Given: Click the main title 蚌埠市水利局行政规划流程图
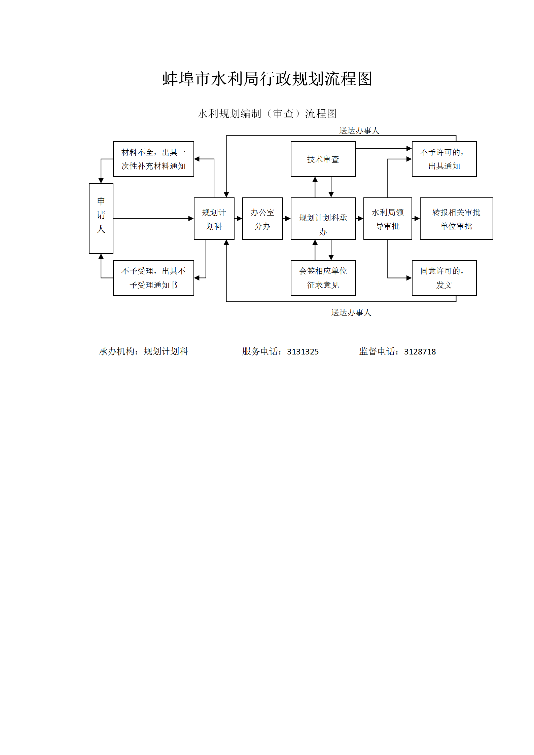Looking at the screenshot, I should [x=267, y=79].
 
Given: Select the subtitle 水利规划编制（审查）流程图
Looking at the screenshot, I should [x=267, y=114].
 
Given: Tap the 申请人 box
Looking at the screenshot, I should [x=101, y=218].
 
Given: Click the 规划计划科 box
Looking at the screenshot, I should [x=214, y=219].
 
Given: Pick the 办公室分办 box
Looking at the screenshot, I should [x=262, y=219].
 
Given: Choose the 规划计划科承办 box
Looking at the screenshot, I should [x=323, y=219].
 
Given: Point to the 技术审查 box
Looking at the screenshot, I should [x=323, y=159].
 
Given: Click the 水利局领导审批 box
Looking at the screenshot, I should [x=388, y=219].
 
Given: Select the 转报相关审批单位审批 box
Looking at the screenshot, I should [x=456, y=219].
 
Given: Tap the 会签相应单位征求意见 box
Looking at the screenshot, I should [x=323, y=278].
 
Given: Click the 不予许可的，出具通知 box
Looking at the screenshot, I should [x=444, y=159].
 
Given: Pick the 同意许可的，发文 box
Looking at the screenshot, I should [x=444, y=278].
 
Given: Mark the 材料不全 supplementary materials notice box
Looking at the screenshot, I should [x=153, y=159].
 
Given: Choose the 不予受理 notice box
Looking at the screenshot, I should [x=153, y=278].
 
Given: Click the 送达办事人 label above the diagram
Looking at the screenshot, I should [x=359, y=131].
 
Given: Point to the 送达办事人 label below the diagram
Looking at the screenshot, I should [x=351, y=313].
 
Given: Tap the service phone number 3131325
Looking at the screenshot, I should [x=302, y=352].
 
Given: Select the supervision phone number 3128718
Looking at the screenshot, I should [x=420, y=352].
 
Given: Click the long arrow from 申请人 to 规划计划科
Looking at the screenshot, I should [x=153, y=219].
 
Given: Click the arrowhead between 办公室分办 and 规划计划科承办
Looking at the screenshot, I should [x=288, y=219].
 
